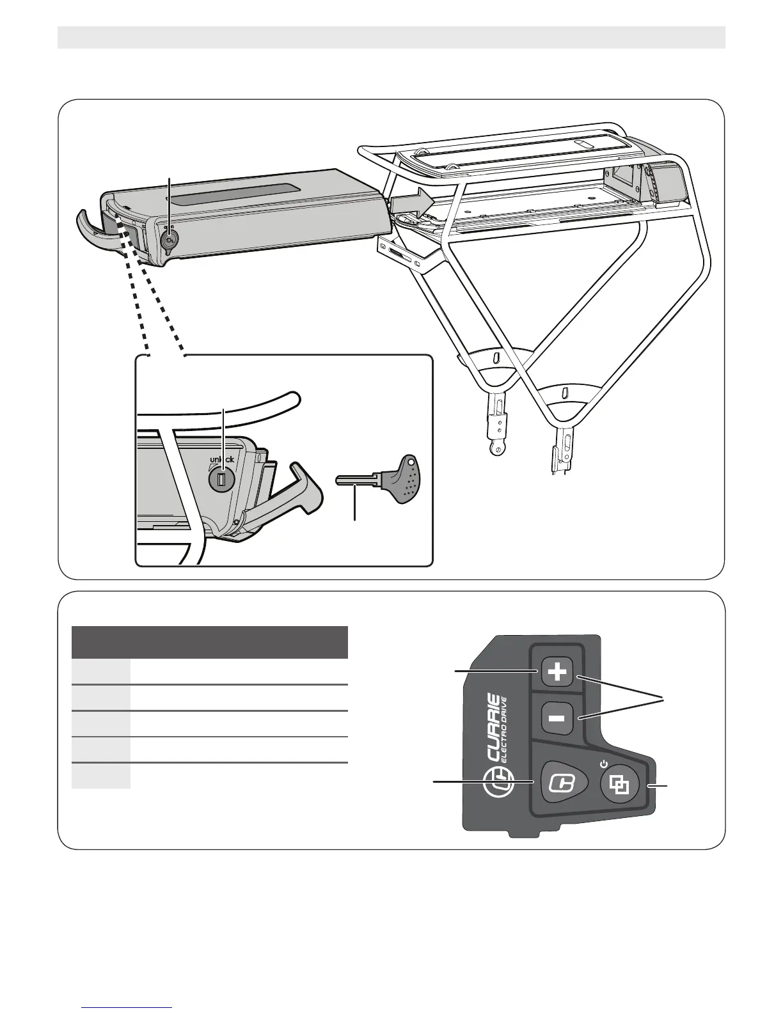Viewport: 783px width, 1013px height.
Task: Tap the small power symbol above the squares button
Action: pos(603,763)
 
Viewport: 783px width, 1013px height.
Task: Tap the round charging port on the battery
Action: pos(170,241)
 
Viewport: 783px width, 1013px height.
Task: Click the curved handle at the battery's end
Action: pos(97,228)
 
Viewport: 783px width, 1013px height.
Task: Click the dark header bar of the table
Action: pos(210,642)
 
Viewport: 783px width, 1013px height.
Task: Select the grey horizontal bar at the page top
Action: pos(391,37)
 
